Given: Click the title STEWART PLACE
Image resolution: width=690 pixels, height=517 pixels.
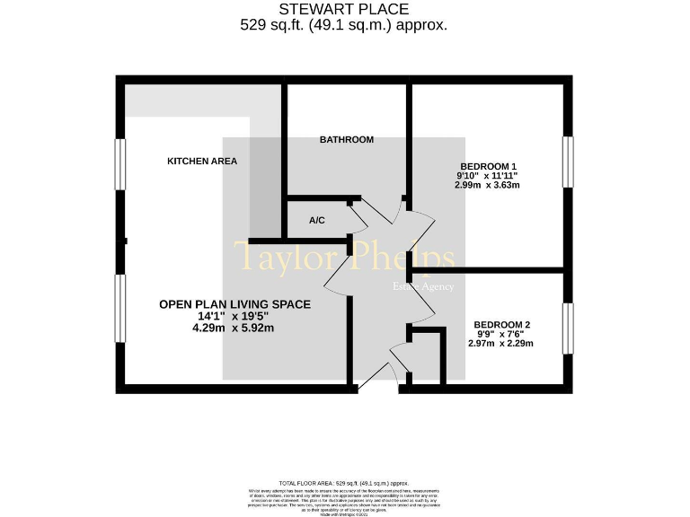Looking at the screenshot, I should pos(344,10).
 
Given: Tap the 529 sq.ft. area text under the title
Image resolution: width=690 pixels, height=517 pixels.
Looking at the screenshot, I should pos(344,26).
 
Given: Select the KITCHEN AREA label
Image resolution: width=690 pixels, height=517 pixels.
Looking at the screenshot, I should pos(202,162).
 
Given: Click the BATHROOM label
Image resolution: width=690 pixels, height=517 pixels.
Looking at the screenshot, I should pos(347,140).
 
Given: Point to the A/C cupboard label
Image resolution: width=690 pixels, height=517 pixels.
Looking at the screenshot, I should pos(316,221).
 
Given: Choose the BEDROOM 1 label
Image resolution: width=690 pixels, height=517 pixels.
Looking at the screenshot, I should pos(488,167).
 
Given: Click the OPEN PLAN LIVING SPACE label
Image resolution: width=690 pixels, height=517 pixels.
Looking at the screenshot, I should pos(234,305).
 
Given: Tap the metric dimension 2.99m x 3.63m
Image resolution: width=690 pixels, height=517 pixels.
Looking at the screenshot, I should pos(488,185).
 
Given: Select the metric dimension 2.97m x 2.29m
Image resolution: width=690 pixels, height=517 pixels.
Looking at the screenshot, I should pos(501,343).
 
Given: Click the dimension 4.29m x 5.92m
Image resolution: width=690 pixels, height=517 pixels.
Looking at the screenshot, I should pos(233,329).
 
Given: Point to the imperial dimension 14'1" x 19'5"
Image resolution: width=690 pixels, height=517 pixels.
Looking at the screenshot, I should pos(233,317).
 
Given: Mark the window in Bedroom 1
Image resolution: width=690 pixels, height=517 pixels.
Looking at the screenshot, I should pos(567,162).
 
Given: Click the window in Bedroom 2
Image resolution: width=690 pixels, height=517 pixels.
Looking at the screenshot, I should pos(567,329).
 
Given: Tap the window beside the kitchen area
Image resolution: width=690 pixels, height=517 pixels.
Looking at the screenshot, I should pos(120,162).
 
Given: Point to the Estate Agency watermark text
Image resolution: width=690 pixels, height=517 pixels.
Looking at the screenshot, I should pos(423,287).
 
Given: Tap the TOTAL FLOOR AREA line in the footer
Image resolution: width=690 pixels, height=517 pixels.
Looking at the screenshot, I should pos(344,483).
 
